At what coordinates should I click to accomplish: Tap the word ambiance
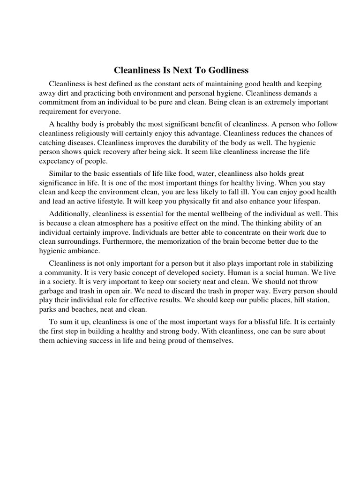coord(82,251)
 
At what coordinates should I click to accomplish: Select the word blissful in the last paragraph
coord(268,322)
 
